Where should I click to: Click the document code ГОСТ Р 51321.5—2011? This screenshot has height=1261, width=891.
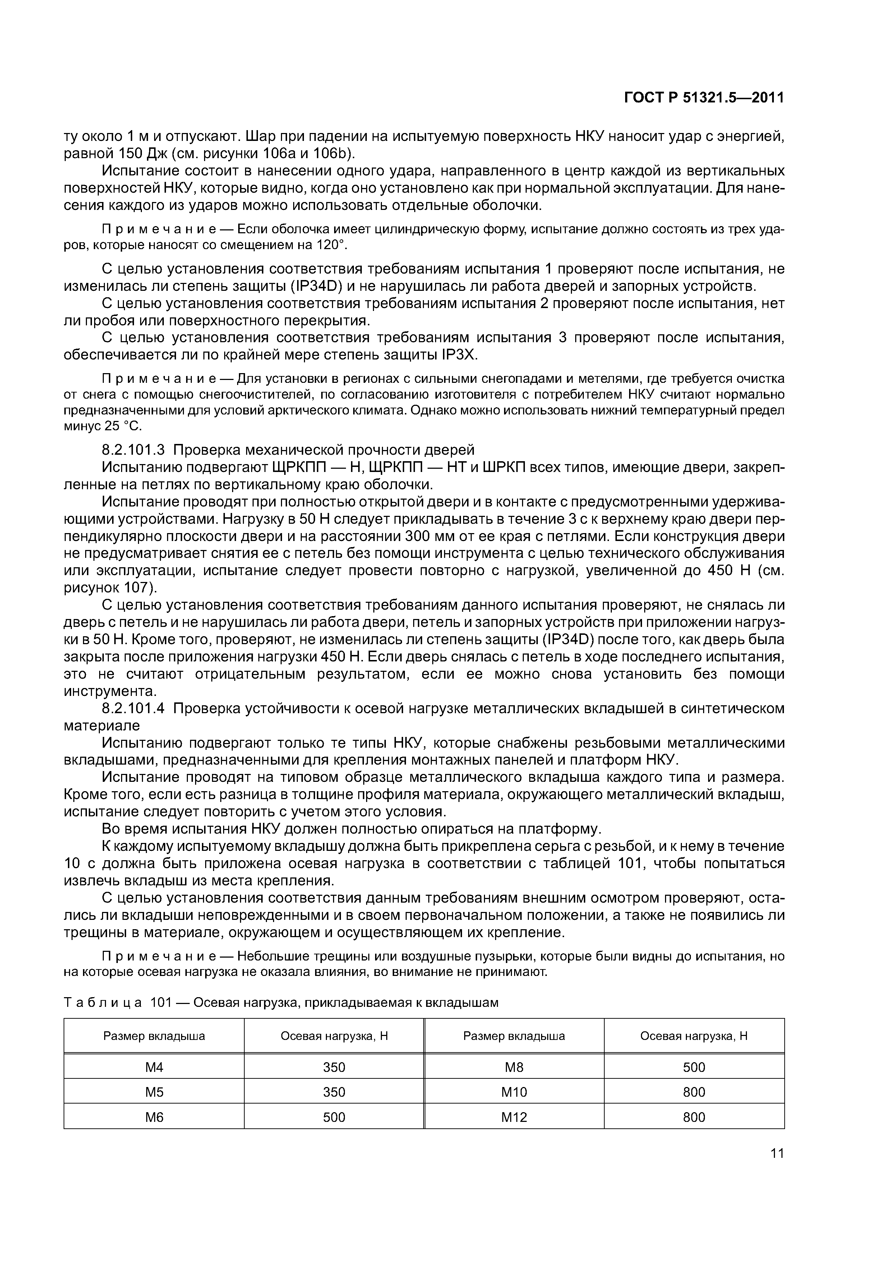(x=704, y=98)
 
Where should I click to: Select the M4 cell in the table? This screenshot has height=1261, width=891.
(x=154, y=1067)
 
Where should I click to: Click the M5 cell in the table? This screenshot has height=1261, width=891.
(x=154, y=1092)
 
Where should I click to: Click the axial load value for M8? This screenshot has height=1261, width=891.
(x=694, y=1067)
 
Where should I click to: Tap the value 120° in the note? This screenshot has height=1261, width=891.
(x=331, y=245)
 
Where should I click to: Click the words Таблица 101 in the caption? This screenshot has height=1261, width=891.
(x=118, y=1003)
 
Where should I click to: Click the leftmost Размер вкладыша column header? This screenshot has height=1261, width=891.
(x=154, y=1036)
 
